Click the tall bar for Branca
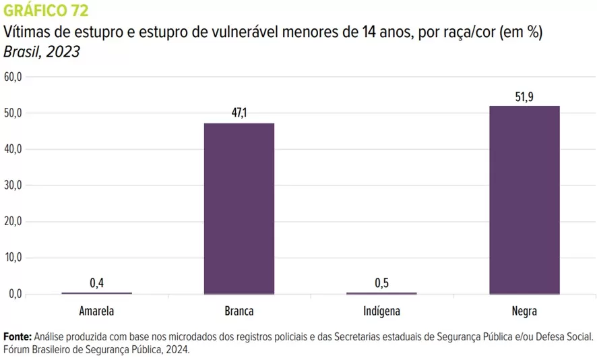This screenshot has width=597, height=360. (239, 209)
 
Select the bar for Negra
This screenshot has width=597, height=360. (524, 200)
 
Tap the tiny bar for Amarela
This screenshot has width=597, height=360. (96, 293)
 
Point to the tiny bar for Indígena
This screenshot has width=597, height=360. (381, 293)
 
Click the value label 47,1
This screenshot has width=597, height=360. (239, 113)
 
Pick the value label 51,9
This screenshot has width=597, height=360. (524, 97)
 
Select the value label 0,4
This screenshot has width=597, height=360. (97, 283)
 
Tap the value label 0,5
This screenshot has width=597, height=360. (382, 283)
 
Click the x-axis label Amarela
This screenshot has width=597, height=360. (96, 311)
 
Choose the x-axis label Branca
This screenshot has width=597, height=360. (239, 311)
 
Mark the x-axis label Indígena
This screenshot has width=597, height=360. (381, 311)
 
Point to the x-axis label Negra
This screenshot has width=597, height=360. (524, 311)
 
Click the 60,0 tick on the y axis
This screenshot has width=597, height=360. (13, 77)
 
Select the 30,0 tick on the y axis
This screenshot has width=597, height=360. (13, 185)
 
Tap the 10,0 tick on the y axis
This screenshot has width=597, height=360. (13, 258)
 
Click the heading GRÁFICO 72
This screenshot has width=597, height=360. (46, 11)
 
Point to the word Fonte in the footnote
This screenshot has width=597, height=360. (17, 336)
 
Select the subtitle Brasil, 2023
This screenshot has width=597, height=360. (42, 52)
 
